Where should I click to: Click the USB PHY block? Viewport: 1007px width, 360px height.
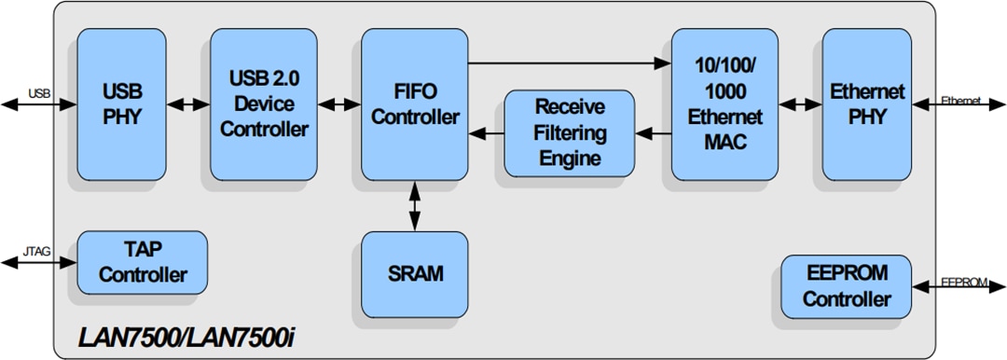pyautogui.click(x=121, y=104)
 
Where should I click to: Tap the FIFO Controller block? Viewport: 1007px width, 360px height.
pyautogui.click(x=414, y=104)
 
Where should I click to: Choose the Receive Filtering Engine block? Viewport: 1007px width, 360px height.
pyautogui.click(x=569, y=133)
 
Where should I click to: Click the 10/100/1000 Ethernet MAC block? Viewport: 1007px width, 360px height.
pyautogui.click(x=723, y=104)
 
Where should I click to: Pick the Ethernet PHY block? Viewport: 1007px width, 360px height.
pyautogui.click(x=867, y=104)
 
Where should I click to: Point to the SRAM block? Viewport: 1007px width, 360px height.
pyautogui.click(x=414, y=274)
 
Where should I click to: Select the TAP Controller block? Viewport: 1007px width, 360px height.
pyautogui.click(x=142, y=263)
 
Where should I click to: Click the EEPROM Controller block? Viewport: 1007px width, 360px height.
pyautogui.click(x=847, y=286)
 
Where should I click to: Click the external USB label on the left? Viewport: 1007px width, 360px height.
pyautogui.click(x=39, y=94)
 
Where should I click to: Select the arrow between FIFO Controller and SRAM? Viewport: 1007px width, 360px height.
pyautogui.click(x=414, y=206)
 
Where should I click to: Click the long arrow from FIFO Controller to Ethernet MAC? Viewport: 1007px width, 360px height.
pyautogui.click(x=569, y=63)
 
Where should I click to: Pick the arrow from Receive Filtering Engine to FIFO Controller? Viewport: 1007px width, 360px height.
pyautogui.click(x=486, y=133)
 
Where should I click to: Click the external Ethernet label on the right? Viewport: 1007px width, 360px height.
pyautogui.click(x=960, y=101)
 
